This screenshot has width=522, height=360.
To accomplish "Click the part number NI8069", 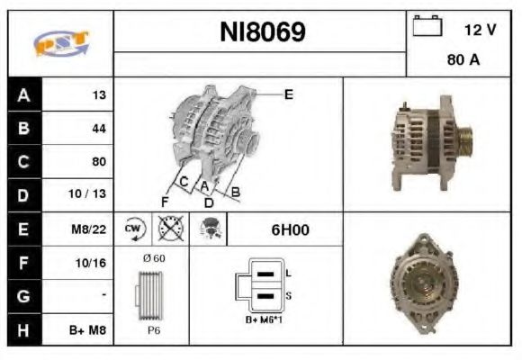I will click(262, 33).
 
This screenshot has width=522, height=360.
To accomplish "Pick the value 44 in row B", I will click(99, 129).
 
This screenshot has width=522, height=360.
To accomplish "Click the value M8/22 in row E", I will click(91, 229).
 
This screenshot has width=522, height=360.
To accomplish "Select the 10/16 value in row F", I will click(94, 263).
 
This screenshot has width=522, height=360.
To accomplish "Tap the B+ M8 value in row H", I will click(91, 330).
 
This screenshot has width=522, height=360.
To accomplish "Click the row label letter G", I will click(23, 296).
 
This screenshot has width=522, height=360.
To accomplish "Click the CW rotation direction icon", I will click(135, 229).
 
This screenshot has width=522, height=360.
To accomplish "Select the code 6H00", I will click(290, 229).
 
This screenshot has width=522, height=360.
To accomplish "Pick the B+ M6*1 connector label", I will click(262, 319).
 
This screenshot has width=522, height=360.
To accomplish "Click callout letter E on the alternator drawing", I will click(288, 94).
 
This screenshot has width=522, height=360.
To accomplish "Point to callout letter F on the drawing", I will click(165, 200).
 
